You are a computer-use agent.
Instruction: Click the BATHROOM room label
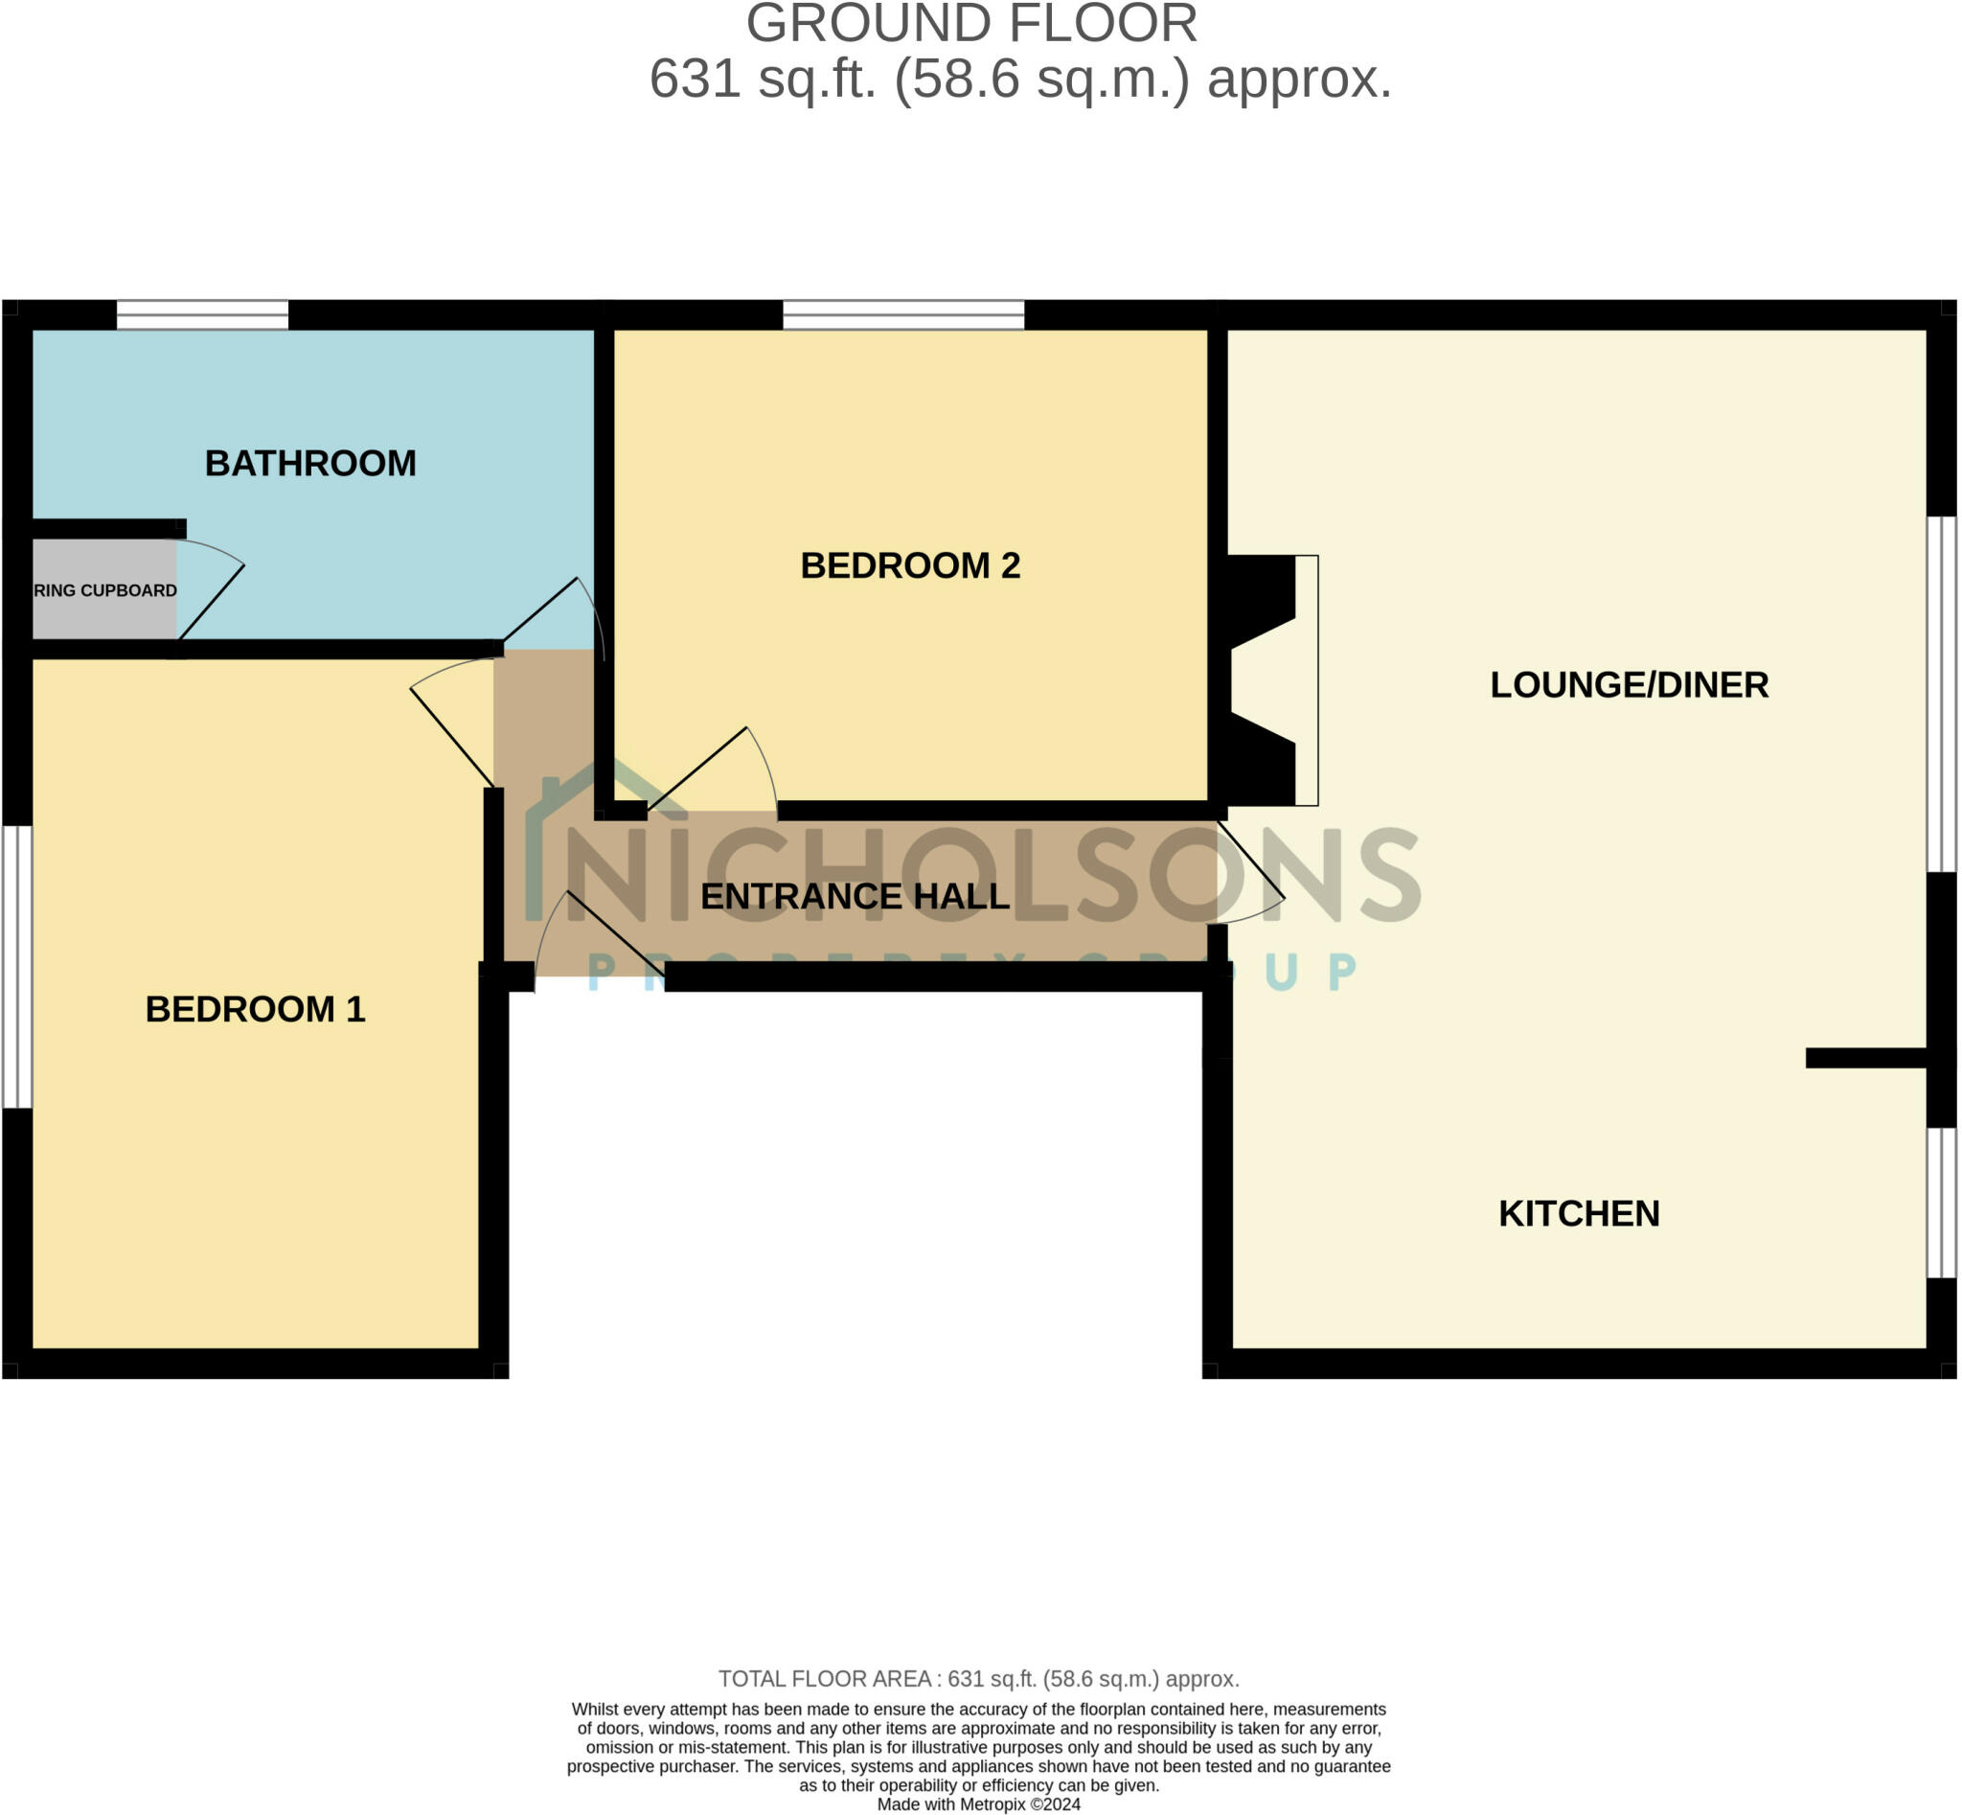point(310,464)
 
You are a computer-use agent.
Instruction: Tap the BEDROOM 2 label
point(909,565)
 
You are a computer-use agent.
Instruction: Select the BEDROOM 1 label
point(256,1010)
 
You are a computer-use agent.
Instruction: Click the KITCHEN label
point(1578,1214)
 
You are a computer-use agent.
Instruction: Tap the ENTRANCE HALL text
point(855,897)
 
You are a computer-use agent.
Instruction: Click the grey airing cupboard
point(104,590)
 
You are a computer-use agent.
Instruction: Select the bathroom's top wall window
point(202,315)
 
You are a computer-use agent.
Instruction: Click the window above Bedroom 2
point(902,315)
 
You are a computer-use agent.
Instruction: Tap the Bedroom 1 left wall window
point(16,968)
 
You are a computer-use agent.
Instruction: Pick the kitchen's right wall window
point(1940,1203)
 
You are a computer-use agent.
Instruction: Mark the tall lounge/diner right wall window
point(1940,694)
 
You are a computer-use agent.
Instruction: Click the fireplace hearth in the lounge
point(1306,680)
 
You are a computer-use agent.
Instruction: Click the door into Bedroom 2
point(721,771)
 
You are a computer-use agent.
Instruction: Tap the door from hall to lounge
point(1251,874)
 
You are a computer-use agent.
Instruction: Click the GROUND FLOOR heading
point(971,24)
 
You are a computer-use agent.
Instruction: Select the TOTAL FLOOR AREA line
point(978,1679)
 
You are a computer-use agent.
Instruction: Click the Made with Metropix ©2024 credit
point(978,1804)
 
